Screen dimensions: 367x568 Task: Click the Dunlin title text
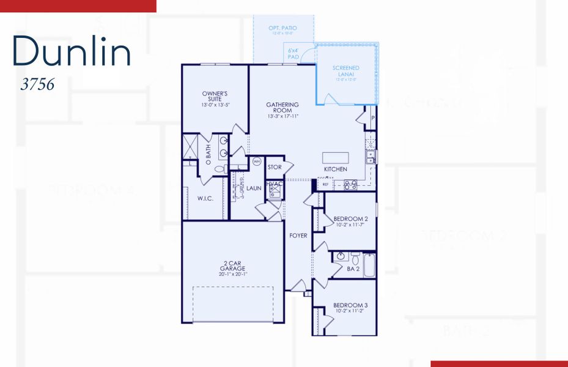(72, 51)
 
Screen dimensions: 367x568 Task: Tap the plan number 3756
(37, 85)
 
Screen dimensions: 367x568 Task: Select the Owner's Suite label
(215, 97)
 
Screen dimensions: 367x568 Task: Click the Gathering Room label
(282, 108)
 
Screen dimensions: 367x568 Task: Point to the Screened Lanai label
(345, 71)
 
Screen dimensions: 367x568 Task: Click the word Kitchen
(335, 169)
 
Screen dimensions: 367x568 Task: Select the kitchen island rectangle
(336, 157)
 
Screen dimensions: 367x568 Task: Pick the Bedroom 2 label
(350, 219)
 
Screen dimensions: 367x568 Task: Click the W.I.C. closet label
(205, 198)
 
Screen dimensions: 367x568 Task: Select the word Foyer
(298, 235)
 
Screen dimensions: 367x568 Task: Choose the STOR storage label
(275, 167)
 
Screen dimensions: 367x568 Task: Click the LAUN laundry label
(254, 188)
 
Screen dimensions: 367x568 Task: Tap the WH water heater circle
(256, 162)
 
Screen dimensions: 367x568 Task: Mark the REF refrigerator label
(325, 183)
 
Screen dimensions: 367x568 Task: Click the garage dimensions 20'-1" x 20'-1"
(232, 275)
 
